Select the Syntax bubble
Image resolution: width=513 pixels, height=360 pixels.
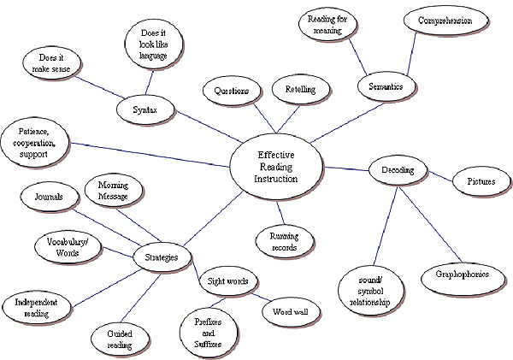coord(148,110)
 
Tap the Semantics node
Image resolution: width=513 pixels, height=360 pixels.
coord(386,86)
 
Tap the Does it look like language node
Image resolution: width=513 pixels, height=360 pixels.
coord(155,44)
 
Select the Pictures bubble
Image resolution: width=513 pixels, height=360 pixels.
coord(480,182)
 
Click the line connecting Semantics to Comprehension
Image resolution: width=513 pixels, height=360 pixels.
coord(410,57)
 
